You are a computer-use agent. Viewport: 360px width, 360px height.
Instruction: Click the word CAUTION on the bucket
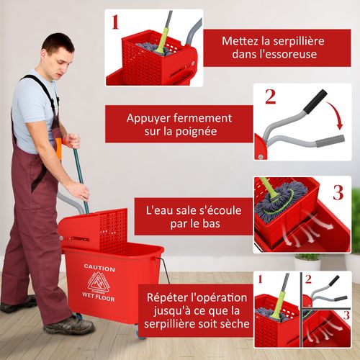(x=99, y=268)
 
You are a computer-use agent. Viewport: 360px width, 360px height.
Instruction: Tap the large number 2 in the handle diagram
(x=270, y=96)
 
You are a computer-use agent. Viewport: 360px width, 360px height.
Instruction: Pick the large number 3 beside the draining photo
(x=337, y=192)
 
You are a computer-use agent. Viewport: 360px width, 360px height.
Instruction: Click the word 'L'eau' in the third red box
(x=161, y=210)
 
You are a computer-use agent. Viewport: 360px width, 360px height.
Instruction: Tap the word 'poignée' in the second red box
(x=195, y=131)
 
